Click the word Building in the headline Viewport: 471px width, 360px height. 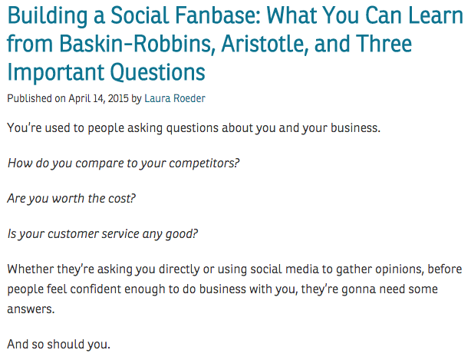coord(47,16)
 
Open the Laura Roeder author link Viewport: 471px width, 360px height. coord(175,98)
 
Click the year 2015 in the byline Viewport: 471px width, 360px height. coord(118,98)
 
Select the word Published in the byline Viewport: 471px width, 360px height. coord(29,98)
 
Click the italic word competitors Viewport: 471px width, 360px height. coord(204,163)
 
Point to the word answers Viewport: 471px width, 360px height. coord(31,309)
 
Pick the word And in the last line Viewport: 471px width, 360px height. coord(18,345)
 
